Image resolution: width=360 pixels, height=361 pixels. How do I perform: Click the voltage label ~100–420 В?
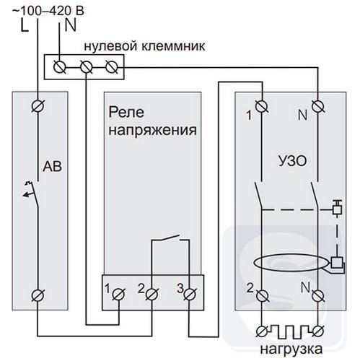tap(48, 11)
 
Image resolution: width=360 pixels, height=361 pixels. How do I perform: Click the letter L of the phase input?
tap(25, 26)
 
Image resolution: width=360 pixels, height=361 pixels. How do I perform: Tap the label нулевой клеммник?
tap(144, 46)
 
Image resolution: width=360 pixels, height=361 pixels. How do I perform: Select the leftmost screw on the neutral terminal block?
tap(59, 66)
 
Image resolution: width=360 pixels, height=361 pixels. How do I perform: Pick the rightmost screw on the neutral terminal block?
tap(112, 66)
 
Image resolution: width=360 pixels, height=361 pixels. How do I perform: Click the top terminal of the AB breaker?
tap(38, 106)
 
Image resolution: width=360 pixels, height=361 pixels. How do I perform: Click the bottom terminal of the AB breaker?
tap(38, 295)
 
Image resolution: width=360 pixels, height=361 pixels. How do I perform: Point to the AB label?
tap(52, 166)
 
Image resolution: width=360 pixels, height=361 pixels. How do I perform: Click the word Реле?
tap(126, 113)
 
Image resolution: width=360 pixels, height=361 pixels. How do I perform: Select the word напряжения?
tap(153, 131)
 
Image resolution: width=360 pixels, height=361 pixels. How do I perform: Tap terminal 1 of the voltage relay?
tap(118, 294)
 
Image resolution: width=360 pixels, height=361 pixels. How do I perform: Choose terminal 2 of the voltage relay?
tap(152, 294)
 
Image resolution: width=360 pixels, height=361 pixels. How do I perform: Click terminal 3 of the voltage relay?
tap(190, 294)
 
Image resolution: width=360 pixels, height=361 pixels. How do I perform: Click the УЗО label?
tap(292, 161)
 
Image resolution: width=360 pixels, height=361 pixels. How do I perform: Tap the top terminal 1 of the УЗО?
tap(262, 106)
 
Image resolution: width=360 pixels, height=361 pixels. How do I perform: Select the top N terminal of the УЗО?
tap(318, 106)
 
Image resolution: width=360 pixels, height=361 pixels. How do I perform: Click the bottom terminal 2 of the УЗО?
tap(262, 295)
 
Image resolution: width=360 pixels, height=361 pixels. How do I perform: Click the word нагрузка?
tap(291, 349)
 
